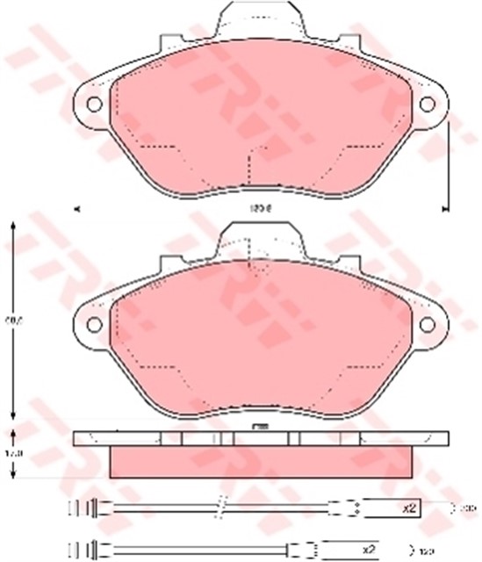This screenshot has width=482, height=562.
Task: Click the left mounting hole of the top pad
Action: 93,104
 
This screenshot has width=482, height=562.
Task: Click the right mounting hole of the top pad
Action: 427,104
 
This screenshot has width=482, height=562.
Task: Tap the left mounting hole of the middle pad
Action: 93,324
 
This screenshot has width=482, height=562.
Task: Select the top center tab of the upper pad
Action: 261,18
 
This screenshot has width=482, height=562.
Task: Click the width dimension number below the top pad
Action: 259,208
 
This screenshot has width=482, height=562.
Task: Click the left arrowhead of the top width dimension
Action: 77,209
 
